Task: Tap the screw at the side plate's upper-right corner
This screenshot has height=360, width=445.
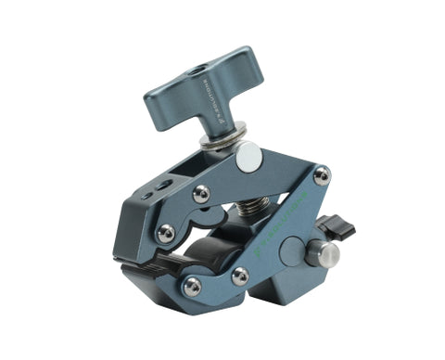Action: [x=321, y=174]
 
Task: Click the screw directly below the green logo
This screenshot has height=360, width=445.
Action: [x=239, y=276]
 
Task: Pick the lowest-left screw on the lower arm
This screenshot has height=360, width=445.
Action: [x=192, y=288]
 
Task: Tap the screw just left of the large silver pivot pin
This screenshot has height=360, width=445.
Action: [x=200, y=193]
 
